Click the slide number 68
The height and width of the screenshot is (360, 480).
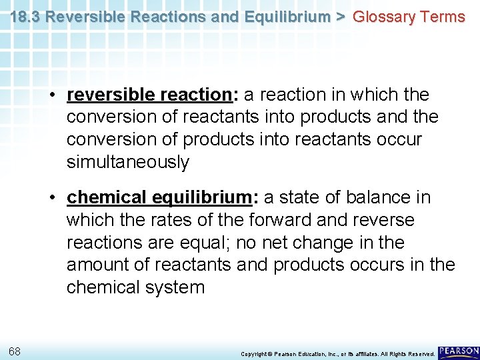(x=14, y=351)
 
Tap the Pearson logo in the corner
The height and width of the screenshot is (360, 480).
(x=459, y=351)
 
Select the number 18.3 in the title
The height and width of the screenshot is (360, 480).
(x=23, y=17)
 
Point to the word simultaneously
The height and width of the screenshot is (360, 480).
(x=128, y=162)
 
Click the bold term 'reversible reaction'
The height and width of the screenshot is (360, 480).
(x=148, y=95)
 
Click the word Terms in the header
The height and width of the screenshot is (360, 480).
(x=442, y=17)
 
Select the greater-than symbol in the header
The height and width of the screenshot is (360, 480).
(x=340, y=17)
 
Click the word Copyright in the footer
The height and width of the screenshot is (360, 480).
(x=254, y=353)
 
